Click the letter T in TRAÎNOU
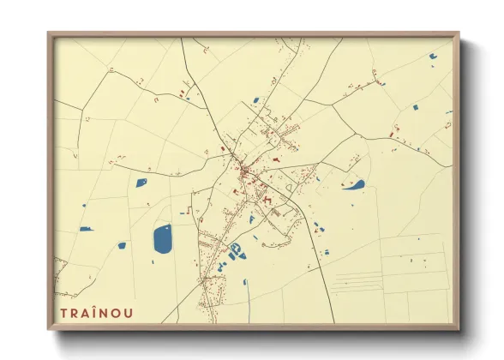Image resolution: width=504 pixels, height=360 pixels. (x=63, y=313)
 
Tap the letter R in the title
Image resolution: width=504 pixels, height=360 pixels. (x=75, y=313)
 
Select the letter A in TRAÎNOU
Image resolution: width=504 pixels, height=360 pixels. (x=86, y=313)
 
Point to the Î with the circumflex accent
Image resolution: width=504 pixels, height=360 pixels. (x=95, y=312)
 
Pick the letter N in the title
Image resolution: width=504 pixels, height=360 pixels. (x=105, y=313)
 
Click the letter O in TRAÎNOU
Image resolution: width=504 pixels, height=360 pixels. (x=117, y=313)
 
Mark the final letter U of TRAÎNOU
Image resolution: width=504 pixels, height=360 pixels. (x=129, y=313)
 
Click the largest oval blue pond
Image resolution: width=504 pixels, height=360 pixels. (x=162, y=238)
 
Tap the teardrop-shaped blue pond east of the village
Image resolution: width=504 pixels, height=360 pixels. (x=354, y=184)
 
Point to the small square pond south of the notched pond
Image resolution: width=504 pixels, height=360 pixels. (x=416, y=108)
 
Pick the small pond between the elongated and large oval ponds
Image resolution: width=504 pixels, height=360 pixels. (x=122, y=245)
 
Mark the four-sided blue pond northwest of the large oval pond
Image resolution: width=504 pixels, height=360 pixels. (x=141, y=182)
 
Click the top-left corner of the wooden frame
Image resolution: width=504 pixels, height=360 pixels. (x=49, y=33)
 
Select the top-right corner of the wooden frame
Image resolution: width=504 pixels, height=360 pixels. (x=459, y=33)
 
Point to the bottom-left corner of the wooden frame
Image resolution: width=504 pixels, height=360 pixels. (x=49, y=329)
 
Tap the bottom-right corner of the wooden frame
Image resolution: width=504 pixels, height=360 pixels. (x=459, y=329)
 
